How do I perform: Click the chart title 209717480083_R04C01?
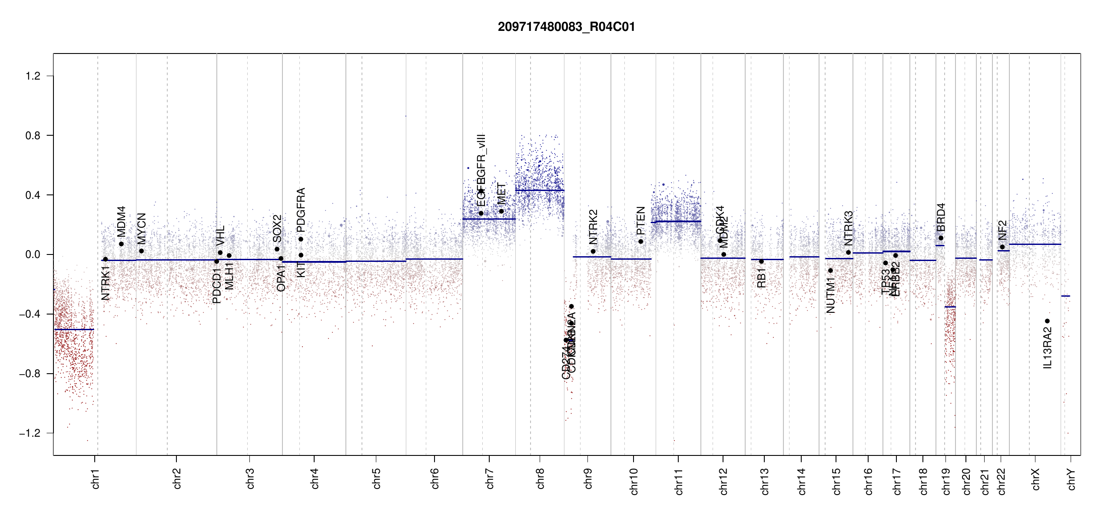(x=566, y=27)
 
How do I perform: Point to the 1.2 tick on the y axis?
(x=33, y=76)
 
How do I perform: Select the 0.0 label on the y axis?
(x=33, y=254)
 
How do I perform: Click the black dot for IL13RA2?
(x=1047, y=321)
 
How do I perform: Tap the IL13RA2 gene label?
(x=1047, y=348)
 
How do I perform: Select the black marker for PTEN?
(x=640, y=241)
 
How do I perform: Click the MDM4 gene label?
(x=121, y=221)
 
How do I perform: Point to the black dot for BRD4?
(x=941, y=238)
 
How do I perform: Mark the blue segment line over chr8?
(x=540, y=190)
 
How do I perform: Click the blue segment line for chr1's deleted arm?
(x=74, y=329)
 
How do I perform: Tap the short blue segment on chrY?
(x=1065, y=296)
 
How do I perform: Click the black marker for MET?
(x=501, y=211)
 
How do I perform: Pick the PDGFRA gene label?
(x=301, y=209)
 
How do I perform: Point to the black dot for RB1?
(x=761, y=261)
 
